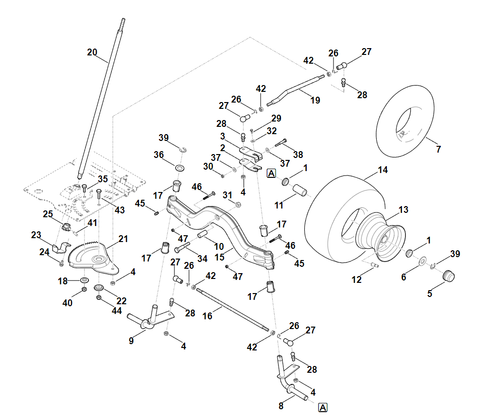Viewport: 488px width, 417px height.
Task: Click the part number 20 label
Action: click(x=92, y=52)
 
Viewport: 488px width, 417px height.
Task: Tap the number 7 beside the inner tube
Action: click(x=438, y=149)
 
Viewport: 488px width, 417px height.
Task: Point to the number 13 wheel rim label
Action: click(x=403, y=209)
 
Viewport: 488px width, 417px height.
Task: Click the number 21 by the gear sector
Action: click(x=123, y=239)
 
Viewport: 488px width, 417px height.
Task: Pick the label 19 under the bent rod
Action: click(x=315, y=101)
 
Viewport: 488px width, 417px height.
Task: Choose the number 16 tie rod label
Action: click(x=208, y=316)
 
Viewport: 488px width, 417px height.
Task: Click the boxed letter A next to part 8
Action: click(x=323, y=407)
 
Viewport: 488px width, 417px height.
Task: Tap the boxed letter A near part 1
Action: click(x=271, y=173)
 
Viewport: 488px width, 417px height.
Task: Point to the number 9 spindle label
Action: click(x=131, y=341)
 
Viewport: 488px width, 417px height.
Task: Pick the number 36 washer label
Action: click(x=158, y=155)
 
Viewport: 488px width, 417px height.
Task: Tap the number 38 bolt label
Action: click(x=298, y=155)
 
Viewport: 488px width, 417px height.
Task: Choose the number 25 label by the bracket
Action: click(x=48, y=214)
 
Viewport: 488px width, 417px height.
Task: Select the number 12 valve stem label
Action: click(x=357, y=279)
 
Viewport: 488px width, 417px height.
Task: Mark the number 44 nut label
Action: click(x=117, y=311)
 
